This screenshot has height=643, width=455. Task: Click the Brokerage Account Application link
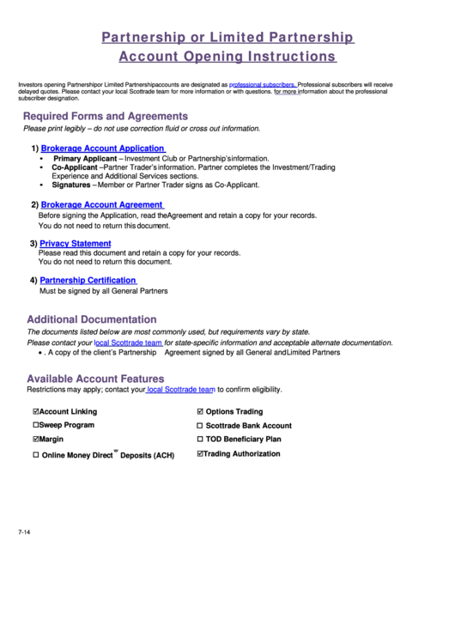point(102,149)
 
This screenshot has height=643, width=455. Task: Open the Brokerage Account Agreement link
point(101,205)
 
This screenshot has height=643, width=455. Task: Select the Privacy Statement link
point(76,244)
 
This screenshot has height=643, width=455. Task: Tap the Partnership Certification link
point(88,281)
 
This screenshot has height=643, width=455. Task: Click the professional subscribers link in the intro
point(263,85)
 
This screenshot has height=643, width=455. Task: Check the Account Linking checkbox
point(35,411)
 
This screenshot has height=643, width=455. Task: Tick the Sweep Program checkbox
point(35,425)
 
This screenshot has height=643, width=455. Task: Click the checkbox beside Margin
point(35,439)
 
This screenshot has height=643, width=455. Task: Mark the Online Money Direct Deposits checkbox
point(35,455)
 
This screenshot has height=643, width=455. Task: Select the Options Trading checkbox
point(200,411)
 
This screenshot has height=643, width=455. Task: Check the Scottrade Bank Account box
point(200,426)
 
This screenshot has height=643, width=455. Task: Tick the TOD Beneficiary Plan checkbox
point(200,440)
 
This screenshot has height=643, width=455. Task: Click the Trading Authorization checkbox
point(200,453)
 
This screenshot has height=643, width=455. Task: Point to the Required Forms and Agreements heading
point(105,116)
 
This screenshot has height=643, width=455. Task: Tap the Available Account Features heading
point(95,379)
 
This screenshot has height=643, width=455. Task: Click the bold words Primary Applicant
point(84,159)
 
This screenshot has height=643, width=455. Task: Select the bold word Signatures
point(70,184)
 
